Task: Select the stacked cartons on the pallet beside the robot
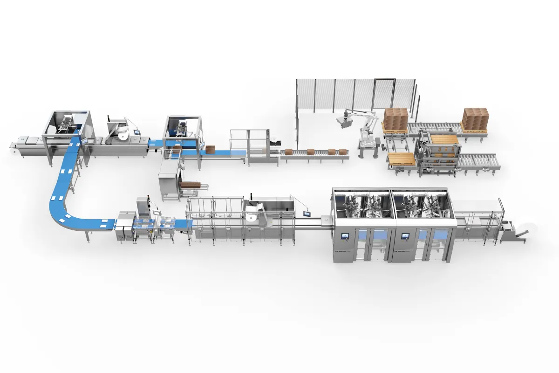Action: tap(396, 119)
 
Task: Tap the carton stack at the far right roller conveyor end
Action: tap(475, 119)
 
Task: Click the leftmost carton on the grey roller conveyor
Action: tap(289, 152)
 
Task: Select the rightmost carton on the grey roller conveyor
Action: tap(343, 151)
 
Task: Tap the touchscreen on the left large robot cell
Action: tap(345, 236)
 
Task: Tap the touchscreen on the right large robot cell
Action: tap(403, 236)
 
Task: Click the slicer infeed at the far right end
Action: tap(517, 231)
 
